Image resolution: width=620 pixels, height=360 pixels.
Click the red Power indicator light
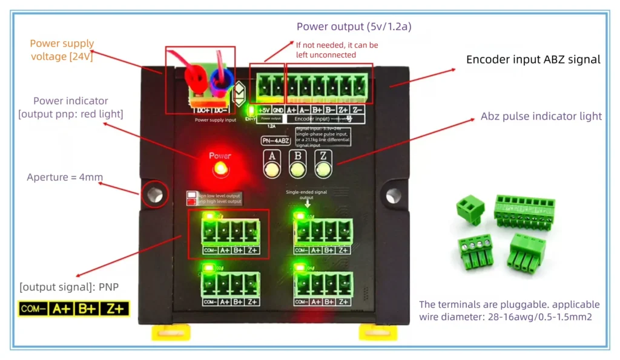[x=220, y=169]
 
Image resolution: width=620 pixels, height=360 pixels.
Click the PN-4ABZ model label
[x=272, y=140]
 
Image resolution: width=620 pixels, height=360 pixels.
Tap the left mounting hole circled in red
[x=154, y=194]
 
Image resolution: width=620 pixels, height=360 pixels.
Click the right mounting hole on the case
[x=394, y=194]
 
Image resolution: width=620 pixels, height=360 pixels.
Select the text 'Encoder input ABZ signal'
[x=533, y=60]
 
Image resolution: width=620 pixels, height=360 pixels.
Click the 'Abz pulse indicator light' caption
[x=541, y=116]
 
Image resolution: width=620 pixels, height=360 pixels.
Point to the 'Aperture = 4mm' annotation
[x=65, y=177]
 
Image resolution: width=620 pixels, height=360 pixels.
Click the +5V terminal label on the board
[x=264, y=110]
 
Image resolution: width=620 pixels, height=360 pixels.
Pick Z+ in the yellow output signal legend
[x=114, y=309]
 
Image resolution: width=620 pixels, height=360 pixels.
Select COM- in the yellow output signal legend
[x=33, y=309]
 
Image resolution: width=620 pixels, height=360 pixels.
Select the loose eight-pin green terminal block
[x=524, y=210]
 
